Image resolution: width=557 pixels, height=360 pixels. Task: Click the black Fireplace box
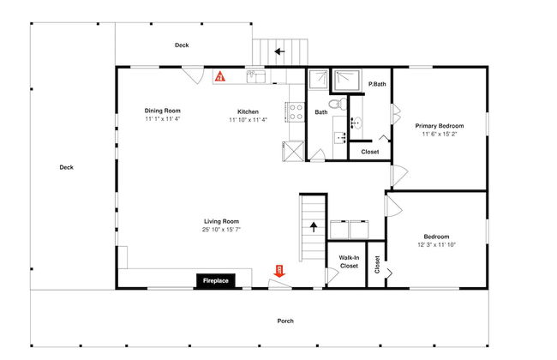coord(216,280)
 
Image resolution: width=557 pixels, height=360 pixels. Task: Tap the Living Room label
coord(221,221)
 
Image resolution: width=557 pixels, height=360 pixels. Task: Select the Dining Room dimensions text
coord(163,119)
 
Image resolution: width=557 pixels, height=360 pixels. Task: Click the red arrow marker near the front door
coord(279,271)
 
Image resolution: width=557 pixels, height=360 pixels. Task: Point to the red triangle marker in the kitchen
coord(220,76)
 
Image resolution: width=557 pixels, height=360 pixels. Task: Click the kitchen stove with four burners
coord(295,111)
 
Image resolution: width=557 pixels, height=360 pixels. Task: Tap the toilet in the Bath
coord(338,104)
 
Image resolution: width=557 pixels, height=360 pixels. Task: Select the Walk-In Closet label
coord(349,262)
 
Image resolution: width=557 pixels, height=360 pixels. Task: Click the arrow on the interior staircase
coord(314,227)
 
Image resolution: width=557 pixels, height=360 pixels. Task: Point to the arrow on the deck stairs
coord(279,51)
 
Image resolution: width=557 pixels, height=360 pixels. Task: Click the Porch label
coord(285,321)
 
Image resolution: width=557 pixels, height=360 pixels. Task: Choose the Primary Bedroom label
coord(440,126)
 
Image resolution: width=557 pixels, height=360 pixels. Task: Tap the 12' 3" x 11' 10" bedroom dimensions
coord(436,245)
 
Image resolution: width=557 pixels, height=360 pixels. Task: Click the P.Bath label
coord(377,84)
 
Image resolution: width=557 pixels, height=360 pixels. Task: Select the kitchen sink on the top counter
coord(256,76)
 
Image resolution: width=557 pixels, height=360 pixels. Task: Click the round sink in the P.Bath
coord(356,123)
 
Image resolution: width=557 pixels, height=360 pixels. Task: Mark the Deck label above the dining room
coord(182,45)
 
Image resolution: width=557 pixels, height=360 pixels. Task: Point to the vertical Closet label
coord(377,265)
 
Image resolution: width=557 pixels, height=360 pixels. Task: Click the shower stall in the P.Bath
coord(347,80)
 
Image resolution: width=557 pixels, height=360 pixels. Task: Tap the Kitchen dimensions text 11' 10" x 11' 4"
coord(248,120)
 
